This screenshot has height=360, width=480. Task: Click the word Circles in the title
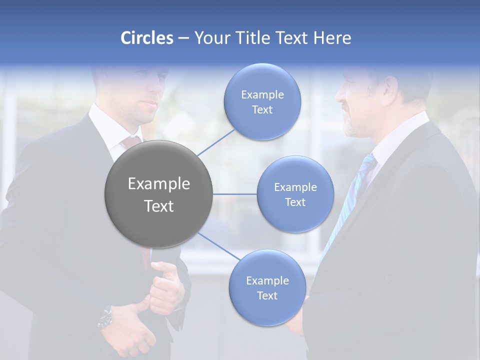(146, 38)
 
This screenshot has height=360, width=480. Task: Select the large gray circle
(159, 194)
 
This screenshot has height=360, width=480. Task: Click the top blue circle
(262, 102)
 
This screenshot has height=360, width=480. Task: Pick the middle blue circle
(295, 194)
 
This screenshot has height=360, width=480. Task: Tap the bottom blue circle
(267, 288)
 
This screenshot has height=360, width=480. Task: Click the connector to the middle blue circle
(235, 194)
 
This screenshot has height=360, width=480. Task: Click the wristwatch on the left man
(105, 318)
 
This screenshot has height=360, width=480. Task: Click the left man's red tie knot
(131, 142)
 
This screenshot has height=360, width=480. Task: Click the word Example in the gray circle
(159, 184)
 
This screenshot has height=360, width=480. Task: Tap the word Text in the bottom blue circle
(267, 295)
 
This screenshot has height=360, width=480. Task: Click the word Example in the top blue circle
(262, 94)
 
